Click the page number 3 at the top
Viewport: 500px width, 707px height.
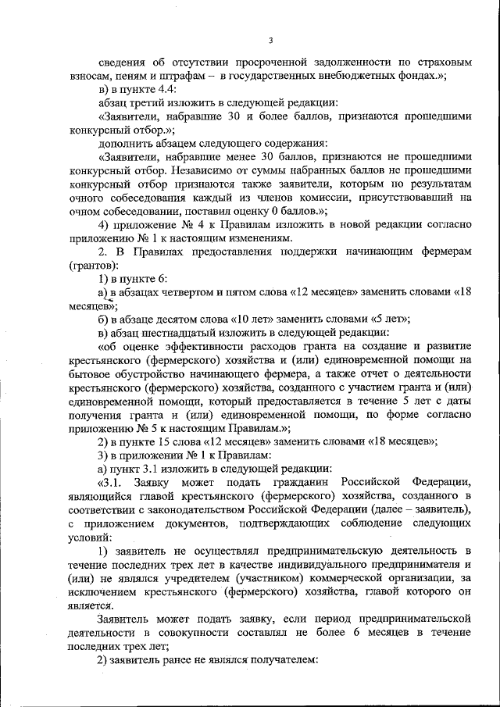[x=270, y=41]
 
